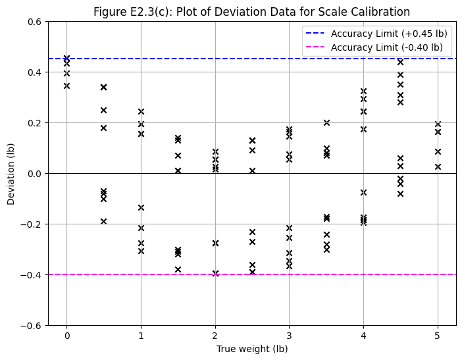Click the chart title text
tap(251, 12)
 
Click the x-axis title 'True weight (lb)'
tap(252, 349)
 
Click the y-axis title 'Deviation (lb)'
tap(11, 173)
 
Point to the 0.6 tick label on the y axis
tap(34, 22)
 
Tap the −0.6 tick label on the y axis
tap(32, 325)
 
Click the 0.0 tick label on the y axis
tap(34, 173)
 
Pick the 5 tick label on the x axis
tap(438, 336)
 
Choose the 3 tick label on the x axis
tap(289, 336)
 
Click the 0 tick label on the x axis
tap(66, 336)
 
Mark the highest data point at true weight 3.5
tap(326, 122)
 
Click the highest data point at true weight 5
tap(438, 124)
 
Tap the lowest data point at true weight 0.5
tap(103, 221)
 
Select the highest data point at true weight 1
tap(141, 111)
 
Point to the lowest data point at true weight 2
tap(215, 273)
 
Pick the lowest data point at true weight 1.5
tap(178, 269)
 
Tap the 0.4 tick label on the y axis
tap(34, 72)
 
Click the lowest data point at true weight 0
tap(66, 86)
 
